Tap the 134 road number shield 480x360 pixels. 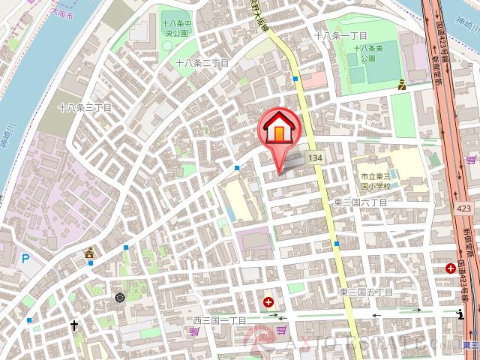click(316, 158)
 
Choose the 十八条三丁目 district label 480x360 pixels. click(84, 108)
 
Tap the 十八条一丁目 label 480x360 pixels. click(340, 35)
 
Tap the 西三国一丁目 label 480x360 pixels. click(219, 321)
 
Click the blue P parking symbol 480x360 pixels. click(26, 259)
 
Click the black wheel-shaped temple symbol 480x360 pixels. click(120, 298)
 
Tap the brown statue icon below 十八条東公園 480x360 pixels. click(402, 85)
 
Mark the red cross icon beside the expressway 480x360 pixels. click(450, 268)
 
